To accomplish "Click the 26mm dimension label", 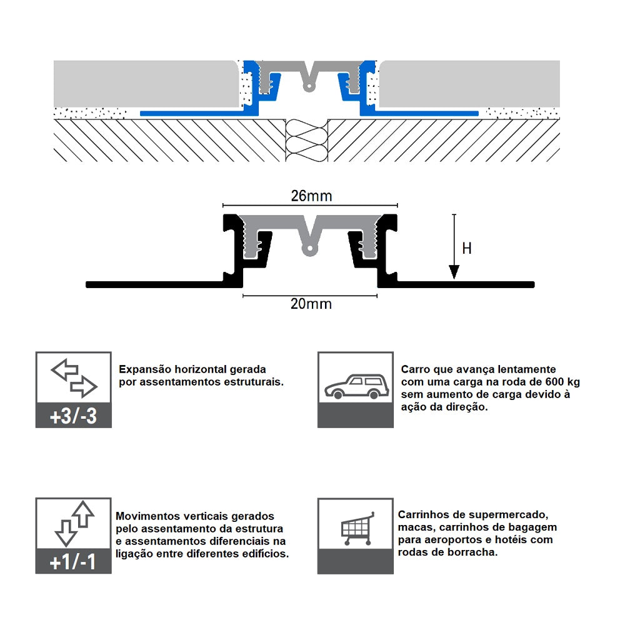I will (311, 196).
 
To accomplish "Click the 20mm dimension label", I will (311, 304).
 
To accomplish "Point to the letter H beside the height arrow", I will (467, 248).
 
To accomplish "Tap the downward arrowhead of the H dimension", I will (454, 272).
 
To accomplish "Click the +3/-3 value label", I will (74, 416).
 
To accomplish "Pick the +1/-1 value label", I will (74, 562).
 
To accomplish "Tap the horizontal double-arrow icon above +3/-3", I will (74, 378).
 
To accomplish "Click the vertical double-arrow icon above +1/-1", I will (74, 524).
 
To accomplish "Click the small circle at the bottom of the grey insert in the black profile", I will (310, 251).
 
